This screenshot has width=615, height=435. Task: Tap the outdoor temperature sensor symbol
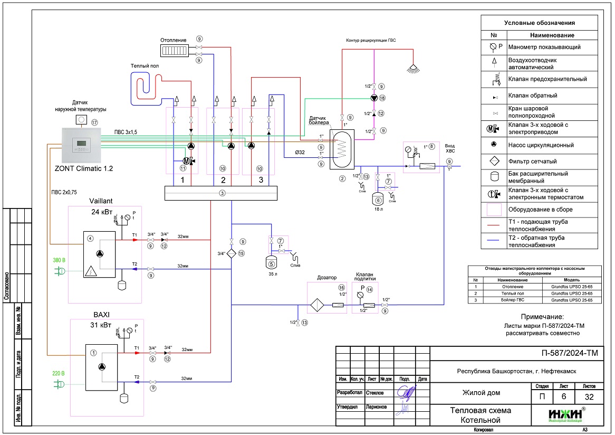[81, 120]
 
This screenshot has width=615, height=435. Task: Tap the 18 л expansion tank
[378, 200]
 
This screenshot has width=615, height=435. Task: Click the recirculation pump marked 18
[374, 98]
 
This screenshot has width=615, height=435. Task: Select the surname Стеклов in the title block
[374, 393]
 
